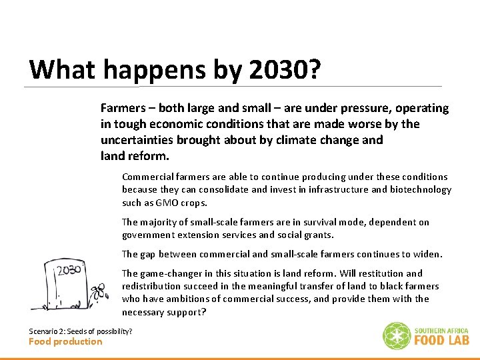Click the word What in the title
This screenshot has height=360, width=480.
click(x=61, y=69)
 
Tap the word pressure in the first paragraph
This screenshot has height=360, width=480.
click(x=364, y=108)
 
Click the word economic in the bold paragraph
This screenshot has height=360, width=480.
click(x=175, y=124)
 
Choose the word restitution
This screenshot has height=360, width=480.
click(x=379, y=273)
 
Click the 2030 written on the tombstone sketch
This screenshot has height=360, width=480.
click(x=69, y=271)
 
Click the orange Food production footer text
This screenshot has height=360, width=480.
click(x=65, y=342)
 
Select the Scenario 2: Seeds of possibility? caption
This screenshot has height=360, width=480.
click(x=80, y=331)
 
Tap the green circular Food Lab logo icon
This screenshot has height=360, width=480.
click(x=396, y=336)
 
